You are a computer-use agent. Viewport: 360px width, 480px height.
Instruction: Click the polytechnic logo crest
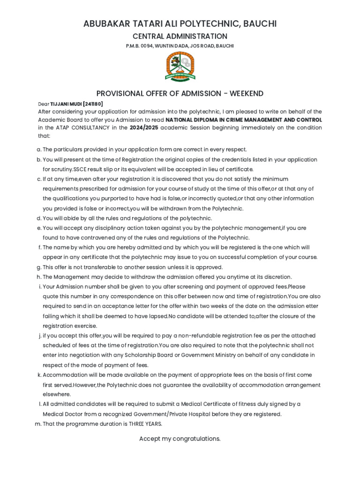180,66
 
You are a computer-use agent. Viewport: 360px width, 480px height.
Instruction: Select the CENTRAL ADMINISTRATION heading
180,37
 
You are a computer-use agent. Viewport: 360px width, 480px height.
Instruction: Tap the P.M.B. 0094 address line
180,46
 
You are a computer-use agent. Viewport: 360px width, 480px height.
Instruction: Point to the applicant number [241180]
93,104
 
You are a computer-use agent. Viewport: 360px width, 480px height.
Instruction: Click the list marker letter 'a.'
39,150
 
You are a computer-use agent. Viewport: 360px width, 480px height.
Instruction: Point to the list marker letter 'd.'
39,218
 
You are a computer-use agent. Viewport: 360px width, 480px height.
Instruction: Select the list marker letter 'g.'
39,267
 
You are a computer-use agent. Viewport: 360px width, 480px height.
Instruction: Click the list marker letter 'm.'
38,424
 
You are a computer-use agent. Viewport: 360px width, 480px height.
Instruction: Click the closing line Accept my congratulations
180,439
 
